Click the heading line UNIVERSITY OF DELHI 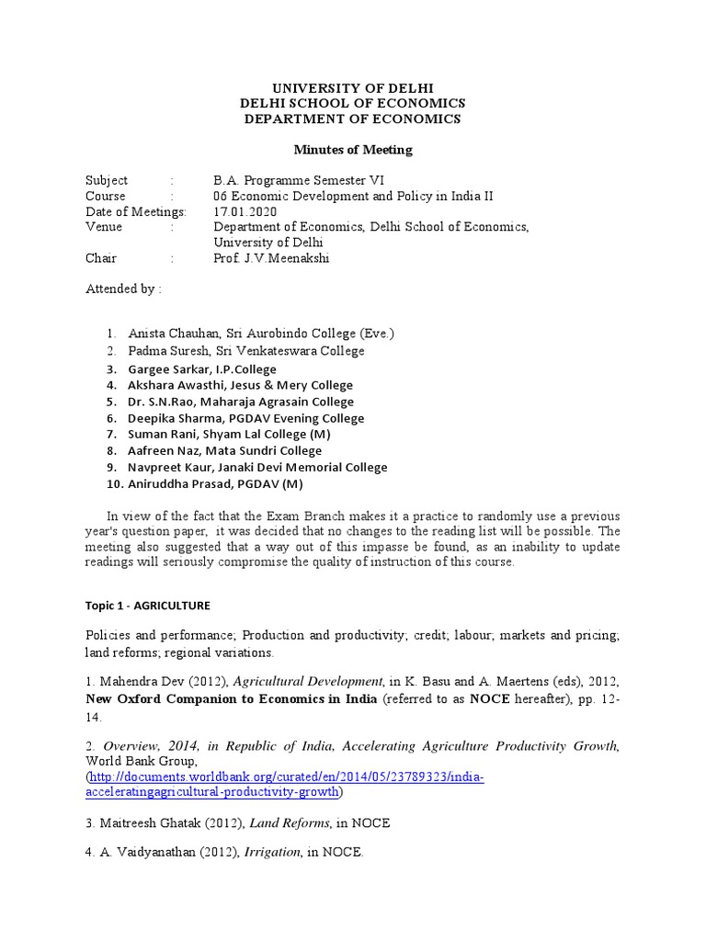pyautogui.click(x=352, y=87)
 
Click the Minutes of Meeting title pyautogui.click(x=352, y=150)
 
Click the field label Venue pyautogui.click(x=103, y=227)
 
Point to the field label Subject pyautogui.click(x=107, y=180)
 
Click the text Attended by pyautogui.click(x=123, y=289)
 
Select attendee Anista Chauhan pyautogui.click(x=170, y=334)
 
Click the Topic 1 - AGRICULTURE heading pyautogui.click(x=147, y=606)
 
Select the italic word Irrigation pyautogui.click(x=270, y=853)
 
